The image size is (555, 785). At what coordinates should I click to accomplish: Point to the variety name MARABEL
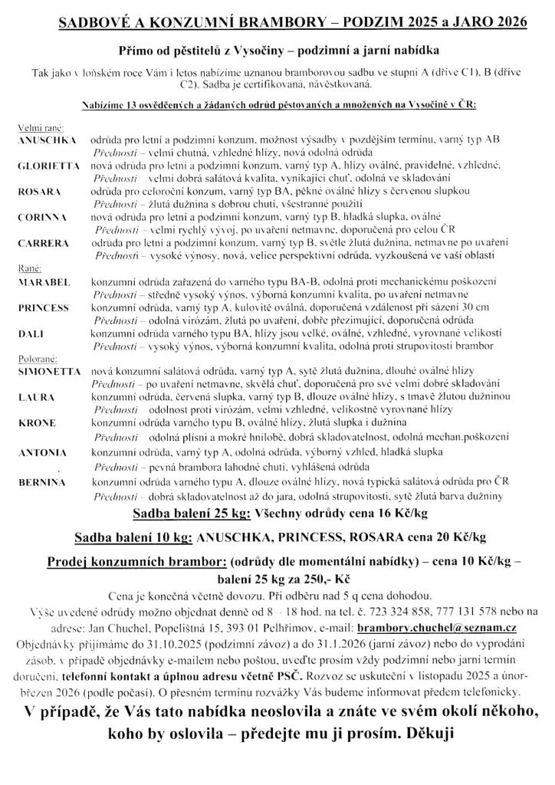coord(43,281)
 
